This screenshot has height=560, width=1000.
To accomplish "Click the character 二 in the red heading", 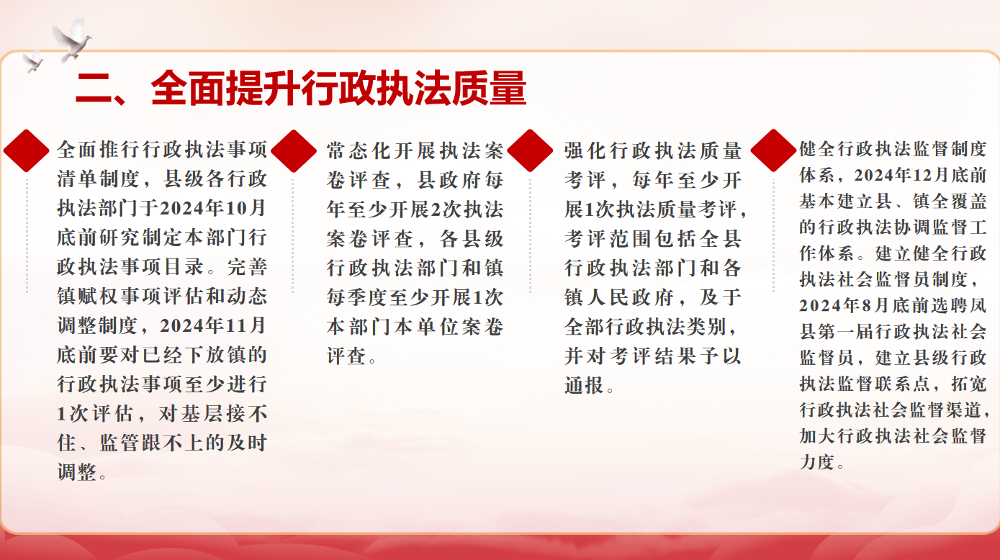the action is click(x=94, y=89).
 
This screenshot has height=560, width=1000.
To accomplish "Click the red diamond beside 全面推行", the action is click(x=27, y=151).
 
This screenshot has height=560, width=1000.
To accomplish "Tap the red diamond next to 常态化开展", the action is click(x=293, y=151).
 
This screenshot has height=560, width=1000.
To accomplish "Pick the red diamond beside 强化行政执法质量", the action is click(x=530, y=151).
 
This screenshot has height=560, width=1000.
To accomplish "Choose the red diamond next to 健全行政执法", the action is click(x=773, y=150).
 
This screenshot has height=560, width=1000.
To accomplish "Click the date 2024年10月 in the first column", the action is click(x=213, y=209).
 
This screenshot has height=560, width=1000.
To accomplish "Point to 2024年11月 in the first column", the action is click(x=213, y=326).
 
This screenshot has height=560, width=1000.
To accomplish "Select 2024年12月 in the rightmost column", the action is click(x=901, y=176).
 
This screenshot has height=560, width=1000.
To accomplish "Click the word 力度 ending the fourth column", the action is click(x=817, y=462).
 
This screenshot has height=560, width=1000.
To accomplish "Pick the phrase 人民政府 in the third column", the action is click(x=630, y=297).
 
